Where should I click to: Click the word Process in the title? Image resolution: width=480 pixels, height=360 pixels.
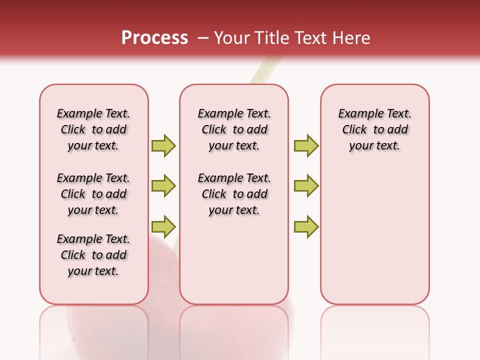[154, 38]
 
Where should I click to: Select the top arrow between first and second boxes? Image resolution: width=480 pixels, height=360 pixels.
[163, 145]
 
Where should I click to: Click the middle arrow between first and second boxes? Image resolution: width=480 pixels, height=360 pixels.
[163, 186]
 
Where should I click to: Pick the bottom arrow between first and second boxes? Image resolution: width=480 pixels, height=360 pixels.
[163, 226]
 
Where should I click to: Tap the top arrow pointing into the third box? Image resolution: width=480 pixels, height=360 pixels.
[306, 145]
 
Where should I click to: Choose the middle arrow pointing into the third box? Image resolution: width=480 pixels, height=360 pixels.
[306, 186]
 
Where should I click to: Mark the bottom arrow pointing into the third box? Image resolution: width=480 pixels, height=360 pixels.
[306, 226]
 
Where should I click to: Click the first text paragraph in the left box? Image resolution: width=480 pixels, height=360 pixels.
[93, 129]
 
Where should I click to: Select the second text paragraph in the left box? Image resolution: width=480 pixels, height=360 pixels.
[93, 194]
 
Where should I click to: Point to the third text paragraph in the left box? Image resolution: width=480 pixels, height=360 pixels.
[93, 255]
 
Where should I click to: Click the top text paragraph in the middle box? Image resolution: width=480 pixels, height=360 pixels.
[234, 129]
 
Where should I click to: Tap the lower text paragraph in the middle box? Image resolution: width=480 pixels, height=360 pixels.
[234, 194]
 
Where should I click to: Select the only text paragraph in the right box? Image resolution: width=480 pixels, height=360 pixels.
[374, 129]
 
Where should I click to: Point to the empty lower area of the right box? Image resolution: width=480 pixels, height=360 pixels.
[374, 235]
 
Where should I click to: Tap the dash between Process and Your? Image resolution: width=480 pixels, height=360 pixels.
[203, 38]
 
